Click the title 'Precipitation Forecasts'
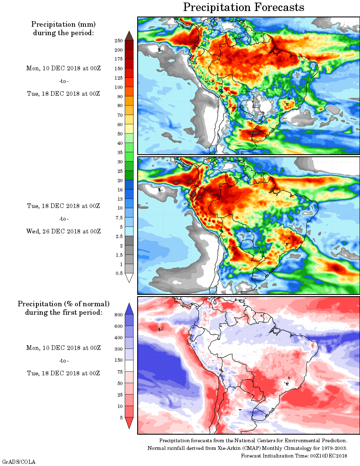pos(244,7)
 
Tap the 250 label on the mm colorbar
pos(118,41)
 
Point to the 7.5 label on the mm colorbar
pos(119,218)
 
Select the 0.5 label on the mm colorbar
pos(119,274)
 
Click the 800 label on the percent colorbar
pos(119,315)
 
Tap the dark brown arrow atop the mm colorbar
pos(130,35)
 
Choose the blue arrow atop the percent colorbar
pos(130,309)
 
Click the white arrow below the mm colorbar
pos(130,278)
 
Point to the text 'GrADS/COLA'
pos(16,461)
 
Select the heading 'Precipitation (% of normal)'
pos(64,304)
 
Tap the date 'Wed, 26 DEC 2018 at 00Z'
pos(64,231)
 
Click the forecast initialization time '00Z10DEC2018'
pos(329,456)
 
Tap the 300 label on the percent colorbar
pos(119,350)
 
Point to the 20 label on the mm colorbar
pos(119,180)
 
